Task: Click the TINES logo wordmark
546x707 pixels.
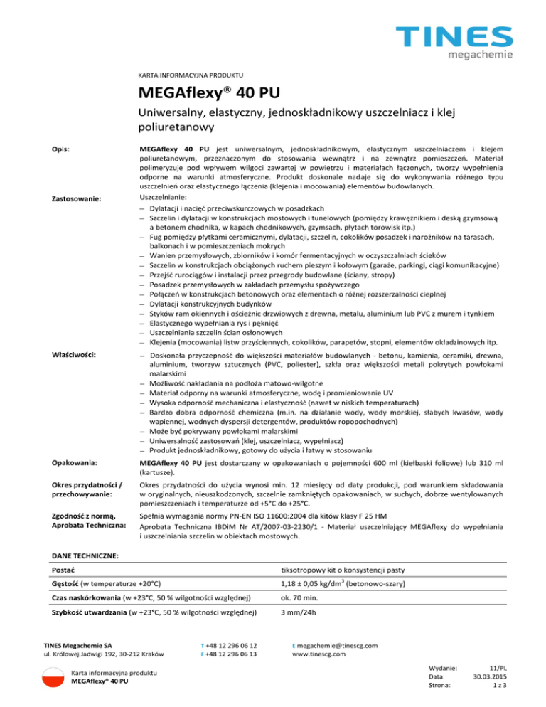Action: point(454,36)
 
